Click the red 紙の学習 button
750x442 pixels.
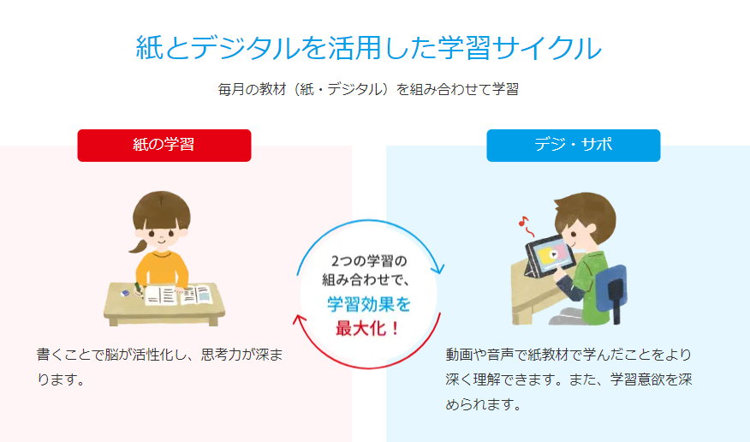point(164,146)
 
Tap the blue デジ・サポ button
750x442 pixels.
point(574,146)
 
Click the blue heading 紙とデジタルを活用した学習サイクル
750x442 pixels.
point(368,48)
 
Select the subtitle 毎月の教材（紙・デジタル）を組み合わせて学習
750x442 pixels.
point(368,89)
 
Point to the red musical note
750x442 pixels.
point(526,226)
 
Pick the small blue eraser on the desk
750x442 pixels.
point(125,293)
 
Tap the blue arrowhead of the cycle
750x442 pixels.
point(437,268)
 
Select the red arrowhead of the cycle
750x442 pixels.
point(300,320)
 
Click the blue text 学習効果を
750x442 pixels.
point(368,305)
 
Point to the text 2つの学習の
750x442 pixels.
point(368,261)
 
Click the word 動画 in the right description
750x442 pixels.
point(459,355)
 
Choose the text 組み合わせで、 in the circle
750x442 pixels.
point(366,280)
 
